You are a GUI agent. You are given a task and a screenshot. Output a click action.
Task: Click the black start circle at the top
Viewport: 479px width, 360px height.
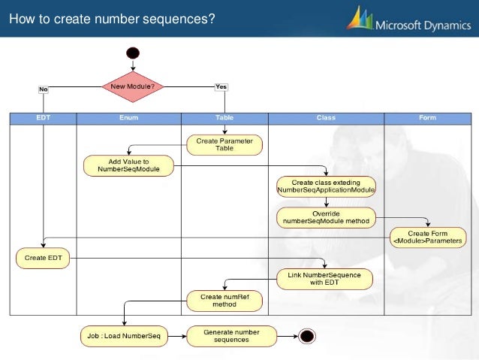coord(133,53)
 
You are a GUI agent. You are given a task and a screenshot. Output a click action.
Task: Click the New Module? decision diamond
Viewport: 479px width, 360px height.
coord(133,86)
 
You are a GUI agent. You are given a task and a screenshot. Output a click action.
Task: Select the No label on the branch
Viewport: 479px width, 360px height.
coord(44,89)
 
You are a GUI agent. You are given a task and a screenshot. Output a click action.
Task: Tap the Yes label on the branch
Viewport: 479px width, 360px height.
coord(221,86)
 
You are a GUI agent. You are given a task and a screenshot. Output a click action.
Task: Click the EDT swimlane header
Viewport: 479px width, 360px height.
coord(44,118)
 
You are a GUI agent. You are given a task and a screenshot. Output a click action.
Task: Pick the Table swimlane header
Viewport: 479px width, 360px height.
coord(224,118)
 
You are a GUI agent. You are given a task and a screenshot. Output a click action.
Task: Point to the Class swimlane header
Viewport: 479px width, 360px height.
coord(326,118)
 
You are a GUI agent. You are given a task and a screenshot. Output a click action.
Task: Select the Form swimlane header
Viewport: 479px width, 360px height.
coord(427,118)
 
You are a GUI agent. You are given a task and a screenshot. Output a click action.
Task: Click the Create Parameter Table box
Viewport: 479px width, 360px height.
coord(224,144)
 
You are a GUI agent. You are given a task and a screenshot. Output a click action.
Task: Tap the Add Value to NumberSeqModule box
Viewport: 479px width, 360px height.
coord(128,165)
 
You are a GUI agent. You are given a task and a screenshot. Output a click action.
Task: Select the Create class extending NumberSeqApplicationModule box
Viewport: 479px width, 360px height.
coord(326,186)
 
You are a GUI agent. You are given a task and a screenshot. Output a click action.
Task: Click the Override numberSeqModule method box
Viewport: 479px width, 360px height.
coord(326,217)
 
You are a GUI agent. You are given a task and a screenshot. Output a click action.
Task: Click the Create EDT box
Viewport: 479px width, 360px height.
coord(44,259)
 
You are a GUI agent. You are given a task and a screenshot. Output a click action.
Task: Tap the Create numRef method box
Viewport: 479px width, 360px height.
coord(224,301)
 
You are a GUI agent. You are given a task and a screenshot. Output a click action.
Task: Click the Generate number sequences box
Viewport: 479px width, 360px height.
coord(231,335)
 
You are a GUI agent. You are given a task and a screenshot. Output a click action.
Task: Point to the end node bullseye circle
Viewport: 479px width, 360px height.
coord(306,335)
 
